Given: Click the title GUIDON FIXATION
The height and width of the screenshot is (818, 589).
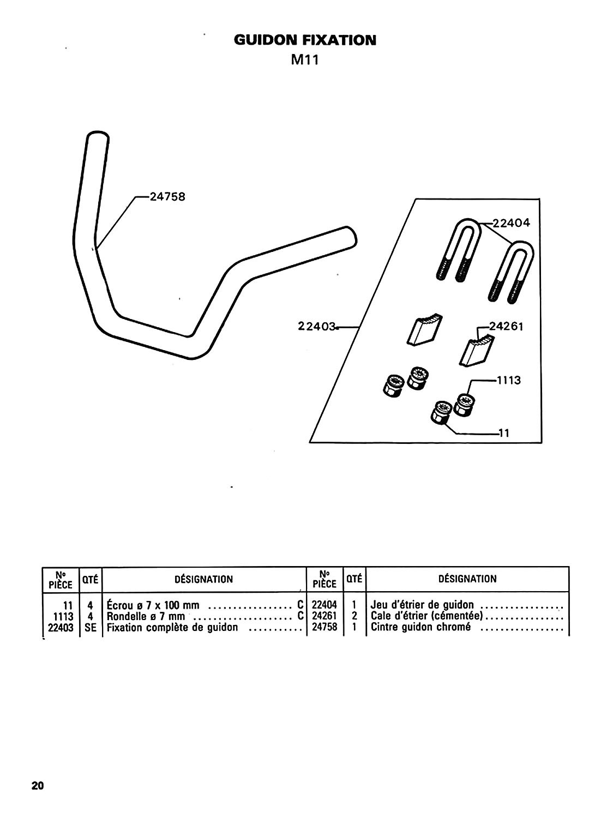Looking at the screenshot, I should (305, 40).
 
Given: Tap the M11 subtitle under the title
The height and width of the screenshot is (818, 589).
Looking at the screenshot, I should (304, 59).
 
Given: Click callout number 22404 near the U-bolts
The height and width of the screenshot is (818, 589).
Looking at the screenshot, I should (511, 222).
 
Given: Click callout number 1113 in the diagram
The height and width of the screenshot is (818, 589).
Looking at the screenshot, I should (508, 380).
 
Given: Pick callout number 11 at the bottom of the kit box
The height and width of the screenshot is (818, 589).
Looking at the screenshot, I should (503, 434).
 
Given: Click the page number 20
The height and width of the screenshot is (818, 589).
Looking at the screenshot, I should (38, 786).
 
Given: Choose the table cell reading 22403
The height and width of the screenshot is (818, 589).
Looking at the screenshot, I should (61, 627).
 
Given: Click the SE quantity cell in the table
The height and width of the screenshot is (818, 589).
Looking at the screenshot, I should (91, 627).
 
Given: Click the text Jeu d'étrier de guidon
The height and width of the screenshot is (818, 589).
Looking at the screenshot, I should (422, 605).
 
